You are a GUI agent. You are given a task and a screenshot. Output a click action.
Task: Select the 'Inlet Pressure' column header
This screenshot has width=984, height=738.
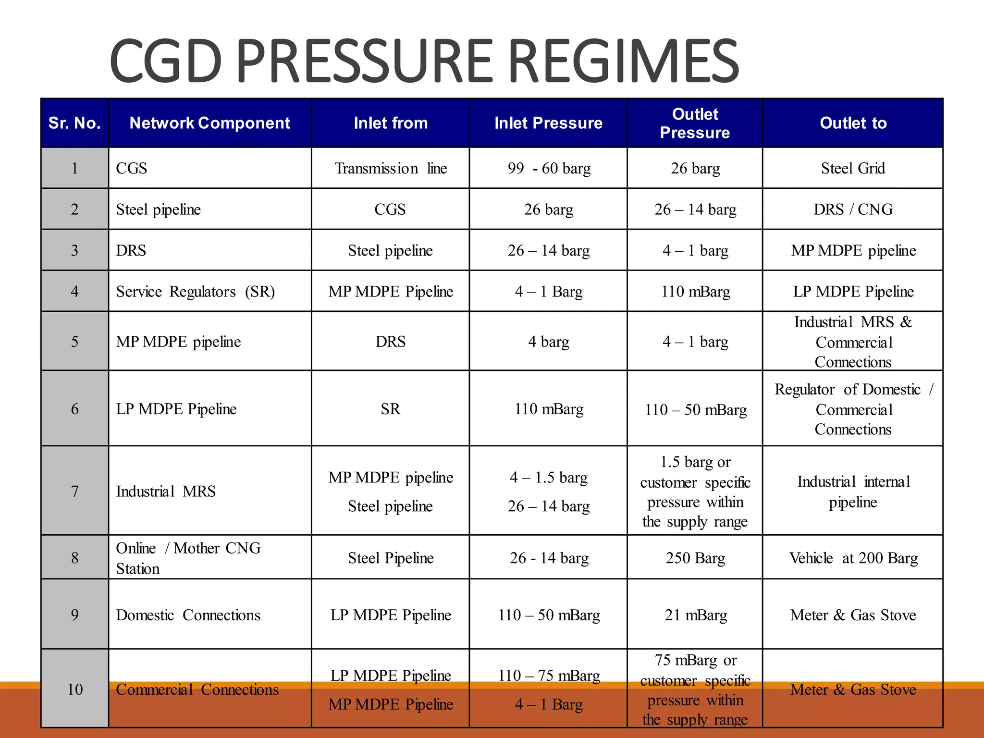(x=548, y=123)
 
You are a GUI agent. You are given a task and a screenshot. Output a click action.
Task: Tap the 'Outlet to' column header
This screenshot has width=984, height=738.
(x=853, y=123)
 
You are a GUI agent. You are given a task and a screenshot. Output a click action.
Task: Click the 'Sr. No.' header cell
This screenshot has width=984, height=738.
(x=74, y=123)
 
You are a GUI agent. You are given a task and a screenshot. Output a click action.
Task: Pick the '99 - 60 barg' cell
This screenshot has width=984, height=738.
(x=549, y=168)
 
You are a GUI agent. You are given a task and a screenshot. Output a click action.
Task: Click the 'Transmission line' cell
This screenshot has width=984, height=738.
(x=390, y=168)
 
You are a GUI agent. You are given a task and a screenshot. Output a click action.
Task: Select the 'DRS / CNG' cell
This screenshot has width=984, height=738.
(x=853, y=209)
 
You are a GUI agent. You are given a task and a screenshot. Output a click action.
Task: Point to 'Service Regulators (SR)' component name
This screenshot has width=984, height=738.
(x=195, y=292)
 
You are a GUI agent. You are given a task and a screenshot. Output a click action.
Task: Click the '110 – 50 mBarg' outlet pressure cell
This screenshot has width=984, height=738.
(x=695, y=410)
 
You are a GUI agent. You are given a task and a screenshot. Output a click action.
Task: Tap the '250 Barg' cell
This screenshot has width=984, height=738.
(x=695, y=558)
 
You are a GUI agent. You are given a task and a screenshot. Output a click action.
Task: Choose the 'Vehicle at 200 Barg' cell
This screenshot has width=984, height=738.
(x=853, y=558)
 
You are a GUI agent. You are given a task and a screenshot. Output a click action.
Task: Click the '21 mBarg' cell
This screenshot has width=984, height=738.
(x=695, y=615)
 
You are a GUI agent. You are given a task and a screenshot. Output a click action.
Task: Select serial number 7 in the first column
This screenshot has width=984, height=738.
(x=74, y=491)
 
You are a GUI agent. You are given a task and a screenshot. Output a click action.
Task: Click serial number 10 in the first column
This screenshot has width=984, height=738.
(x=74, y=689)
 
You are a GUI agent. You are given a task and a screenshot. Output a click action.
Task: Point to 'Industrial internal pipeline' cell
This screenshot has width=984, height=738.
(x=853, y=492)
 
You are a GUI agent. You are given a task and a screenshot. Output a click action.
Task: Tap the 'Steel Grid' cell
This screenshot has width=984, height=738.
(x=853, y=168)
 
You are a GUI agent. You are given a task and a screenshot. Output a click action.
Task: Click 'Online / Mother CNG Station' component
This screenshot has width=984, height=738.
(x=188, y=558)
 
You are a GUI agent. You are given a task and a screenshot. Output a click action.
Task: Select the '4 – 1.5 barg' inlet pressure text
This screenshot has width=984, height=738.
(x=549, y=478)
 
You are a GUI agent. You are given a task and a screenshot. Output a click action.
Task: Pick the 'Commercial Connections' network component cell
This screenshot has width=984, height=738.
(x=197, y=689)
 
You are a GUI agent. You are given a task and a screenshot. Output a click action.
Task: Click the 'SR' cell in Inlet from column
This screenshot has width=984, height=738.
(x=390, y=409)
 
